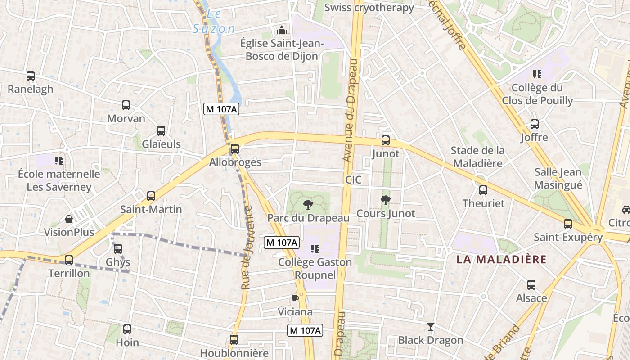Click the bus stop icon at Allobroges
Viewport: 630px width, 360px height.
(234, 149)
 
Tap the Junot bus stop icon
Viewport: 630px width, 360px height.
(386, 140)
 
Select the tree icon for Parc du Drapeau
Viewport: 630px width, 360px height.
(308, 205)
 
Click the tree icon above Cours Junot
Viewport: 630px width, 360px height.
(386, 200)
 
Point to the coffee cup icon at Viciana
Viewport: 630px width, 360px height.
(295, 299)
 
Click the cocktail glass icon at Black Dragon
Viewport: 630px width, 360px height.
(431, 327)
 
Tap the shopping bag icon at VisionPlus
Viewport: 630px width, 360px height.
(69, 219)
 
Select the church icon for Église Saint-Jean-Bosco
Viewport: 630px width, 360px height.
(282, 31)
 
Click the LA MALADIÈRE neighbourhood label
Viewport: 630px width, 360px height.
(501, 259)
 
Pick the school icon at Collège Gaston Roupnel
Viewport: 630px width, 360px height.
(315, 249)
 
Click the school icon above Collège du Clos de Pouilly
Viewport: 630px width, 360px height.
(537, 74)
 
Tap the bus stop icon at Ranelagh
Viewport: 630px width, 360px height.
(31, 76)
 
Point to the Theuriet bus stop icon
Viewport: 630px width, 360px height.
(483, 190)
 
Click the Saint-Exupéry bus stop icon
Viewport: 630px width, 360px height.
(568, 224)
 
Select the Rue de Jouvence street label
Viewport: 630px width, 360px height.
(247, 248)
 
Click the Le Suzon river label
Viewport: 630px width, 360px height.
(214, 22)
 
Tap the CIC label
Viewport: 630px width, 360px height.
(353, 180)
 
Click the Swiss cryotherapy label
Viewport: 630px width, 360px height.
(369, 7)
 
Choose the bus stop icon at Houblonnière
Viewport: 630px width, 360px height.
(234, 340)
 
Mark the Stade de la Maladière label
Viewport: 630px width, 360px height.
(477, 157)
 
